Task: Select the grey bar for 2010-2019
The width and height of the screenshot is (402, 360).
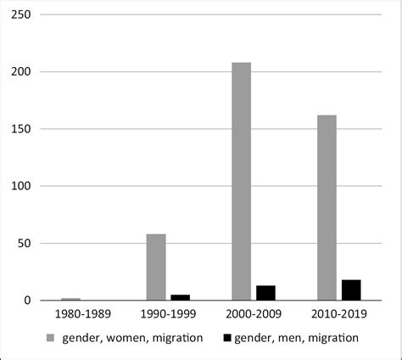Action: tap(327, 208)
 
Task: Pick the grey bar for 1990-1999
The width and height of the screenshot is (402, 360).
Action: tap(156, 267)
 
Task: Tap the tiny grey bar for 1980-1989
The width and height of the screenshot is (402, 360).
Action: tap(70, 299)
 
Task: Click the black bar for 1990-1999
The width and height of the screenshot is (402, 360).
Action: tap(180, 297)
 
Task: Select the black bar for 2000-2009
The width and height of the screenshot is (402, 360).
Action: tap(265, 293)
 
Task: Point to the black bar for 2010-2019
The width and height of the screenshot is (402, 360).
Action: tap(351, 290)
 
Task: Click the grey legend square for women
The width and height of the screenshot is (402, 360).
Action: tap(50, 338)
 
